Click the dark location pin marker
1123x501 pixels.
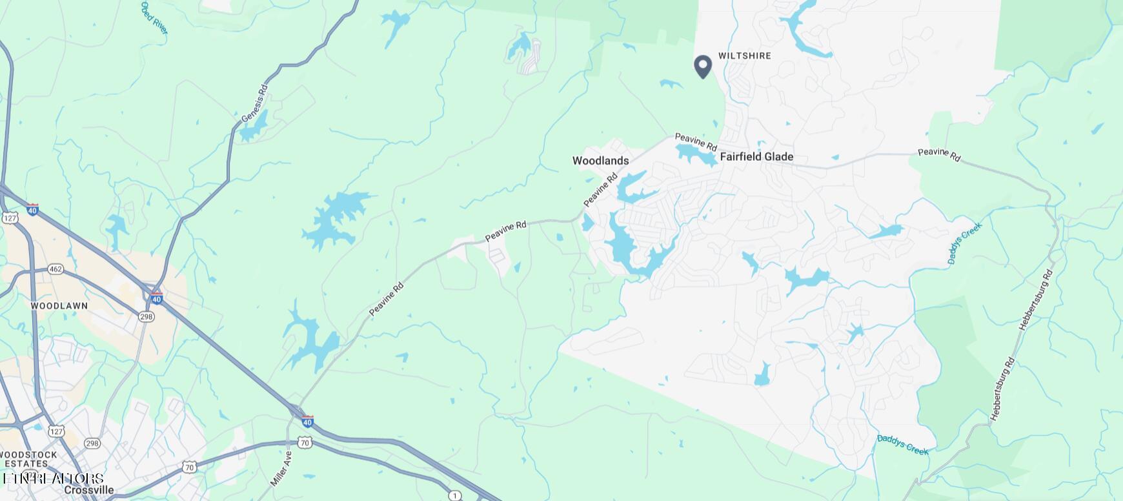tap(703, 66)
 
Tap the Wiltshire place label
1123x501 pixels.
tap(745, 56)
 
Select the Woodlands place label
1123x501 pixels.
tap(600, 161)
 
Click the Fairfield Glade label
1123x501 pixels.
tap(756, 157)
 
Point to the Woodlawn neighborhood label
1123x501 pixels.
tap(59, 305)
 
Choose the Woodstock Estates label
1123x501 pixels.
tap(28, 459)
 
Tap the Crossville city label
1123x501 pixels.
tap(89, 490)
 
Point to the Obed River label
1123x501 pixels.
tap(154, 17)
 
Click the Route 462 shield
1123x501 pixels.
tap(56, 269)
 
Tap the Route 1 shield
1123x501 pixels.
tap(455, 495)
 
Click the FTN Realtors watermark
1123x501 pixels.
tap(53, 478)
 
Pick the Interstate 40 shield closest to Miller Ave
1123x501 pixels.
tap(308, 422)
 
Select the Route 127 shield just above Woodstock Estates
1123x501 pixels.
tap(57, 431)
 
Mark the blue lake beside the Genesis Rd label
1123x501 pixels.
tap(252, 127)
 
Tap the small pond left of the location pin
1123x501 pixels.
tap(671, 84)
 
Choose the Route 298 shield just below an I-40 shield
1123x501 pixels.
tap(147, 316)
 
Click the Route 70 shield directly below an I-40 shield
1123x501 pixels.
tap(305, 442)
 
